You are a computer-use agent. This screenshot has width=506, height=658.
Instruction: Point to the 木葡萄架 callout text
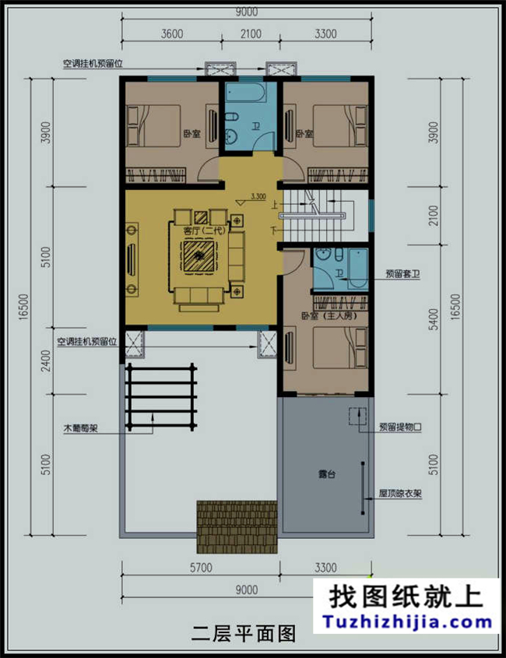pyautogui.click(x=79, y=428)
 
